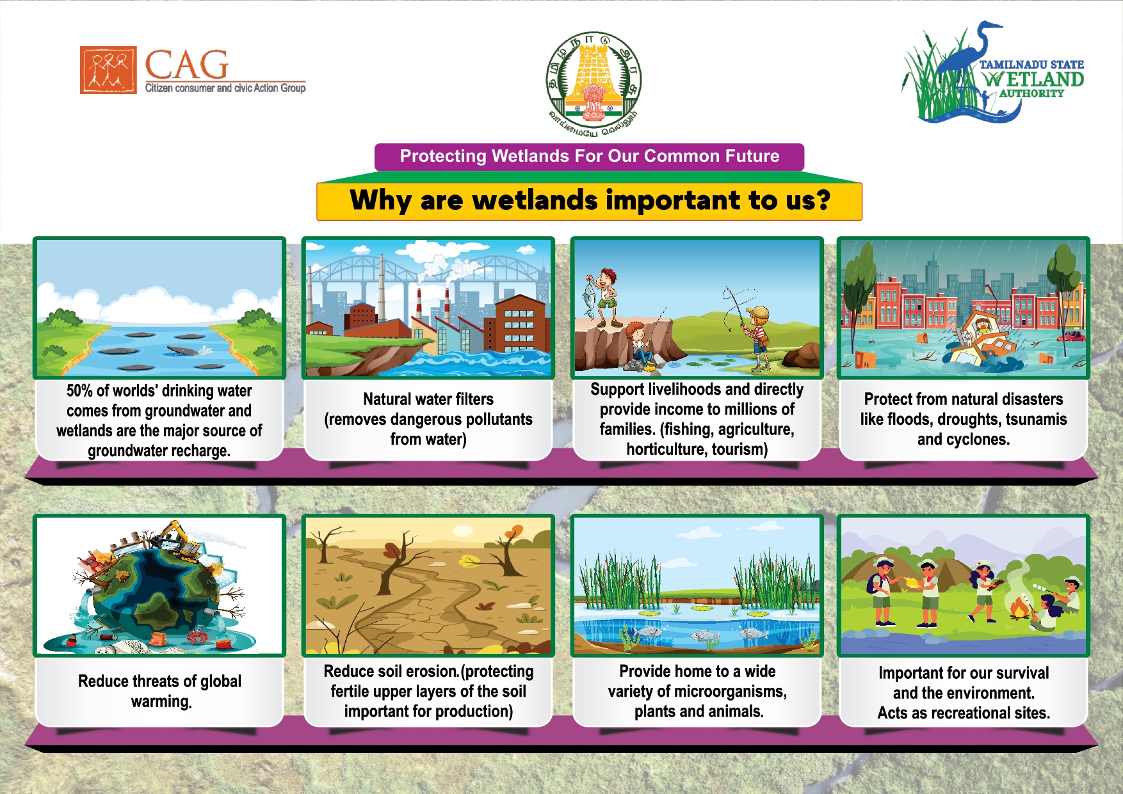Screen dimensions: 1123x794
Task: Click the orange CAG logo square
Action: click(x=108, y=70)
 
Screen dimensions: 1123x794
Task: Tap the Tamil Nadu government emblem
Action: click(x=594, y=83)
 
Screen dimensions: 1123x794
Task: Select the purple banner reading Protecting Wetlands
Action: click(x=589, y=157)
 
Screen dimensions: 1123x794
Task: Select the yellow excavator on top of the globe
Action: click(x=174, y=538)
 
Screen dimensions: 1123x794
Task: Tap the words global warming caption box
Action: click(x=160, y=691)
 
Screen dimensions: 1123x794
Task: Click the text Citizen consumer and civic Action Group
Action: click(x=225, y=88)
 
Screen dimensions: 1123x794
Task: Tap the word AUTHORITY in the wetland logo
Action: click(x=1031, y=93)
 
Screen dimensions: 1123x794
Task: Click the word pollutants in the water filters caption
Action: click(x=499, y=420)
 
